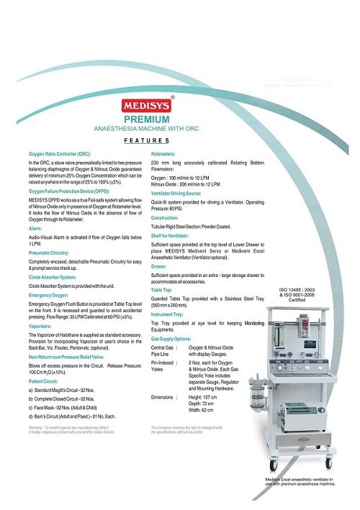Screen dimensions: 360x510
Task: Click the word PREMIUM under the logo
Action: [147, 119]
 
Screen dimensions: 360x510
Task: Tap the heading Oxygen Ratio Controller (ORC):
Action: [60, 155]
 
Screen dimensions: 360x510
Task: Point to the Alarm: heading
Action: [35, 228]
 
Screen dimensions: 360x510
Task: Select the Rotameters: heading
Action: [168, 155]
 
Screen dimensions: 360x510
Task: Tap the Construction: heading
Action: [170, 217]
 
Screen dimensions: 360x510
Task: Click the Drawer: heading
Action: [162, 265]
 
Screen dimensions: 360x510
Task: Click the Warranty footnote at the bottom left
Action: [71, 430]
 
